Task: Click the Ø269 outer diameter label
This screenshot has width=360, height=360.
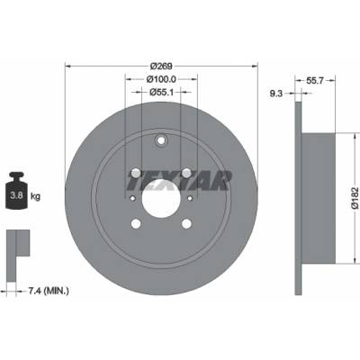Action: click(160, 66)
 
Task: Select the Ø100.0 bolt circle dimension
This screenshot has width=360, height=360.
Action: click(161, 79)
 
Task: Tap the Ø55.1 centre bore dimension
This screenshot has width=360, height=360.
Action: click(161, 92)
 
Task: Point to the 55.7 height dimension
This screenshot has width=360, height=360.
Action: click(314, 80)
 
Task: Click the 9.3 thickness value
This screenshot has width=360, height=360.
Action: click(276, 94)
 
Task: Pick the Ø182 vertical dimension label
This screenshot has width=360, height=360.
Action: click(355, 198)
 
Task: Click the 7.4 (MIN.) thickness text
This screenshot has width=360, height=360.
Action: click(49, 291)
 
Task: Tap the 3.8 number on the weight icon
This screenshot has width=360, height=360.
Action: click(16, 195)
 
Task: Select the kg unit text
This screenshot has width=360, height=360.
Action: click(35, 196)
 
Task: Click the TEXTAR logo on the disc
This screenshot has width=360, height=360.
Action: click(179, 181)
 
